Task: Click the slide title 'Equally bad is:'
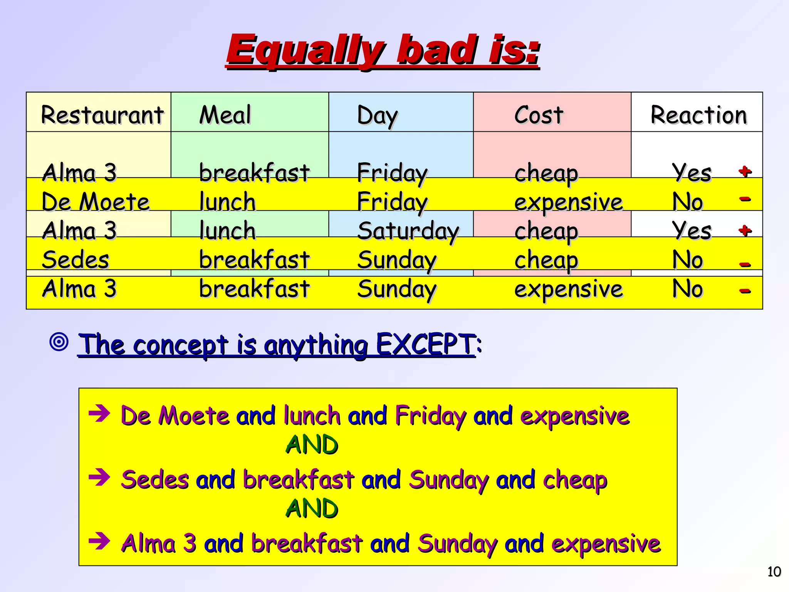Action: click(x=383, y=50)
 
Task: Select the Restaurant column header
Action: click(x=102, y=115)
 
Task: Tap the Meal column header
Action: click(x=225, y=115)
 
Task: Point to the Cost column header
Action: click(x=539, y=115)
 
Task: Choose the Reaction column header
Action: click(x=698, y=115)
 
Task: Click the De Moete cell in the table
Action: click(x=96, y=202)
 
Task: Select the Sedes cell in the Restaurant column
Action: click(x=76, y=260)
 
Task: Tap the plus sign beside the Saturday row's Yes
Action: click(x=745, y=230)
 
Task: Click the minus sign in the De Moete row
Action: click(x=745, y=199)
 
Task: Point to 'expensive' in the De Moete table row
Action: click(x=569, y=202)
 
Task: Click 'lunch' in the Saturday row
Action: click(x=227, y=231)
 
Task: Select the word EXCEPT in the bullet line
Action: click(x=425, y=344)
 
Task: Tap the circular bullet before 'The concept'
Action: click(x=59, y=341)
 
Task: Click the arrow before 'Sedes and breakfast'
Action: click(x=99, y=478)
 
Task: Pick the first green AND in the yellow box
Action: click(x=312, y=445)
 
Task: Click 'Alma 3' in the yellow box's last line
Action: click(x=159, y=543)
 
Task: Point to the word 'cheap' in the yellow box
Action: click(x=575, y=480)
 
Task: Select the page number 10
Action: click(x=774, y=572)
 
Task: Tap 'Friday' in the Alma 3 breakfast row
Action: click(x=392, y=173)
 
